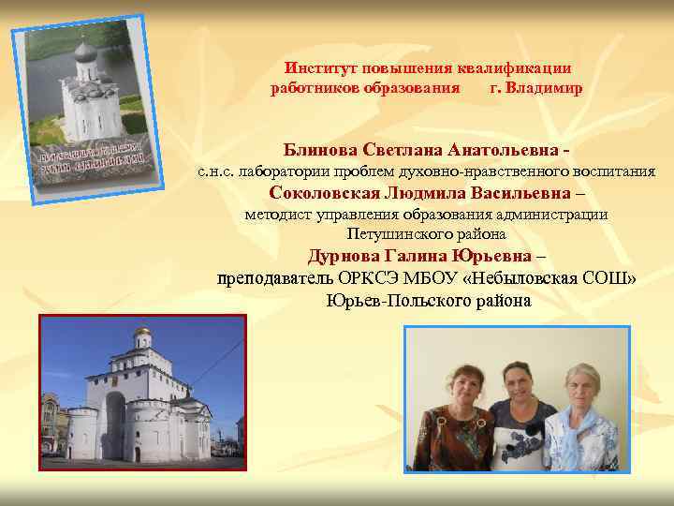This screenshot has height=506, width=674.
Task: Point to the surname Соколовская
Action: pyautogui.click(x=324, y=194)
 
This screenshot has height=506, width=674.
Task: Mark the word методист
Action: pyautogui.click(x=275, y=215)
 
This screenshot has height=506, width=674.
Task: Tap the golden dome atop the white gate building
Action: pyautogui.click(x=142, y=334)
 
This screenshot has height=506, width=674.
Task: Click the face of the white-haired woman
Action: pyautogui.click(x=582, y=384)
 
